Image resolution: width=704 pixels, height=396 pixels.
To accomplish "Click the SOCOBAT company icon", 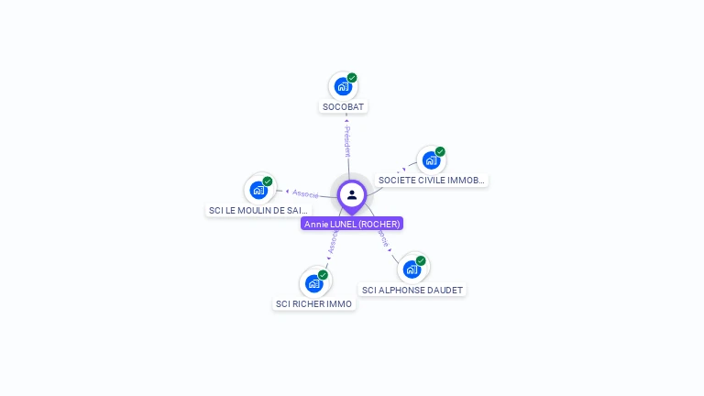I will [343, 87].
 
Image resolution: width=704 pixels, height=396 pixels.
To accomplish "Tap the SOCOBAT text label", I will [343, 107].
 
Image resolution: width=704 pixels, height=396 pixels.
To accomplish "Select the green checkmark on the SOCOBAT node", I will [352, 78].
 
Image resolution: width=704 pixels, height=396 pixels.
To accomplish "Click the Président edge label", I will [346, 142].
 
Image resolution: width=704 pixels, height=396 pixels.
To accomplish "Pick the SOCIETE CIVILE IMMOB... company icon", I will [430, 160].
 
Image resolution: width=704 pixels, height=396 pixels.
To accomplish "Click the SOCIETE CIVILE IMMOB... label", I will [431, 181].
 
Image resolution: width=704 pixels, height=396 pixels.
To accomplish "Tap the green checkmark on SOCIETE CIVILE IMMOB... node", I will [440, 151].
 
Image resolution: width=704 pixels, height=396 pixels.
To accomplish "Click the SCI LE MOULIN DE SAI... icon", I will [258, 191].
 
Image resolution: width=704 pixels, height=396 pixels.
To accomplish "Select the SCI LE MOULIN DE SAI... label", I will [258, 211].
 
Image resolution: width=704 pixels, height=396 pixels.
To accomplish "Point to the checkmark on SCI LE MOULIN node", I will [268, 181].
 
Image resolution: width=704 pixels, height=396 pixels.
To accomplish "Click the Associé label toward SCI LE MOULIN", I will [305, 194].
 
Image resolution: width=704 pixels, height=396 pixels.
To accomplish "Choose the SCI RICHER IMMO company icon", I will [313, 283].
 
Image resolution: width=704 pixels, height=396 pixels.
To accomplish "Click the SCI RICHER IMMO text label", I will [313, 304].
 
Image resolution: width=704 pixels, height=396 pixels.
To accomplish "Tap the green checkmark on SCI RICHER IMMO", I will [323, 275].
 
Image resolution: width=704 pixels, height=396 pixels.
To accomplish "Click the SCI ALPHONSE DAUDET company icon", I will [412, 269].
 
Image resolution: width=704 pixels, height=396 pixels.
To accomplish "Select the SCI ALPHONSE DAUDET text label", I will [412, 291].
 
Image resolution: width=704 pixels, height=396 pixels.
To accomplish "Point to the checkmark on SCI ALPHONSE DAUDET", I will [421, 260].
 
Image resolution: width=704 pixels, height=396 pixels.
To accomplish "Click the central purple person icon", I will [352, 194].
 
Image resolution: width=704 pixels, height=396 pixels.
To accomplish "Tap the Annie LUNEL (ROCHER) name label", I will [352, 224].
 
